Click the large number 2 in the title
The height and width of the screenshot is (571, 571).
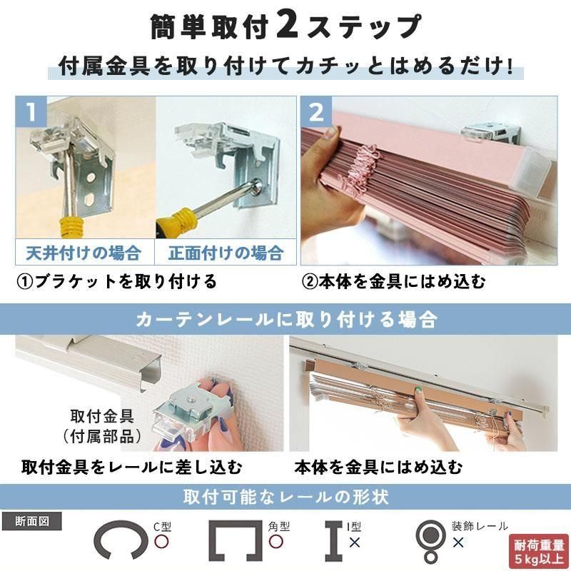(288, 26)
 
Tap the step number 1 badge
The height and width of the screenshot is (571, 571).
(31, 111)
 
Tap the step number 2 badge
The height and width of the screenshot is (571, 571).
(316, 111)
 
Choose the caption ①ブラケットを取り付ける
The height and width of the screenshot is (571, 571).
(116, 281)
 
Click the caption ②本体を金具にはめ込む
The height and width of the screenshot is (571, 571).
(394, 281)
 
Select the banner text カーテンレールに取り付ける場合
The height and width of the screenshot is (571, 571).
(286, 320)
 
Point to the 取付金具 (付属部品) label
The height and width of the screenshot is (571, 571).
(102, 426)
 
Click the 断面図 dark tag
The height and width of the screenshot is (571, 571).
(31, 522)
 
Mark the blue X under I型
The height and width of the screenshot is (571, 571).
(354, 542)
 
